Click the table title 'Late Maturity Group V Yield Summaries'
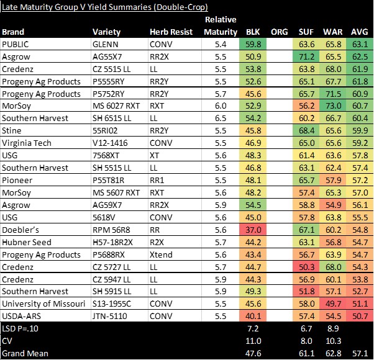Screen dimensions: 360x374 104,6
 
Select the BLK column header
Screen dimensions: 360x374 253,32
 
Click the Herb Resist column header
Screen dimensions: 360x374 171,32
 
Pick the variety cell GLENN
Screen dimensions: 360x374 105,45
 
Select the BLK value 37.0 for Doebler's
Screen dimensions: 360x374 253,230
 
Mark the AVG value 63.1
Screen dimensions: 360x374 360,45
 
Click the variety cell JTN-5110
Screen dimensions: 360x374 109,316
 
